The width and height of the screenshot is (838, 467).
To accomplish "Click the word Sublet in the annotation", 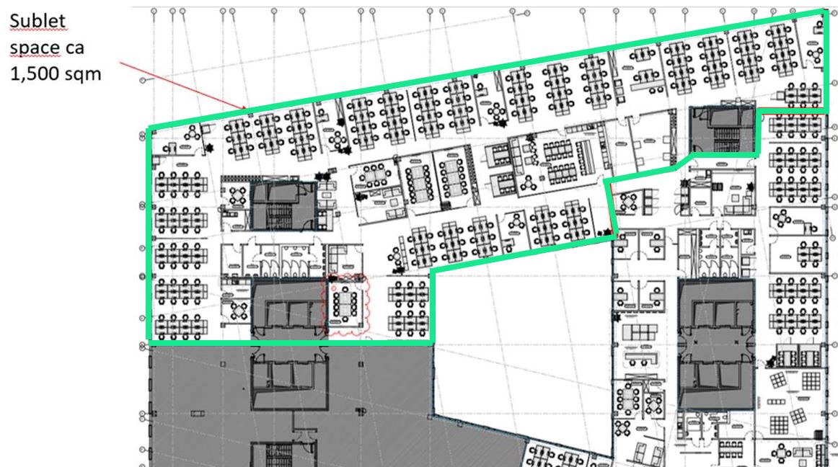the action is pos(38,21).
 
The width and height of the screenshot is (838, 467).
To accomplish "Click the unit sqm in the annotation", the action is pos(83,74).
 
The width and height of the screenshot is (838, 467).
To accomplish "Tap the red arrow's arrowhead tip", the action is pos(247,109).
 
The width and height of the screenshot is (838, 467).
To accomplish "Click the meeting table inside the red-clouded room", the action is pos(345,303).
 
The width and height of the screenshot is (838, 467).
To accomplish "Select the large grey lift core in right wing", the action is pos(716,343).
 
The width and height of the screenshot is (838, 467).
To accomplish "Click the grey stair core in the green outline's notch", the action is pos(723,130).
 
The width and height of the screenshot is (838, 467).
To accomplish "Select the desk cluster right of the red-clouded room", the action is pos(408,307).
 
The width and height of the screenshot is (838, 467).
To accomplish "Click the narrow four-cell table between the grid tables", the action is pos(775,401).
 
